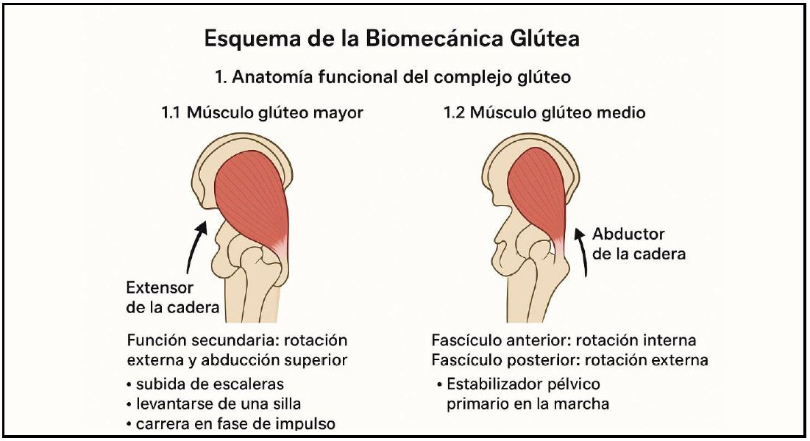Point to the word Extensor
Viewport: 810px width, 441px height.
pos(159,287)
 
